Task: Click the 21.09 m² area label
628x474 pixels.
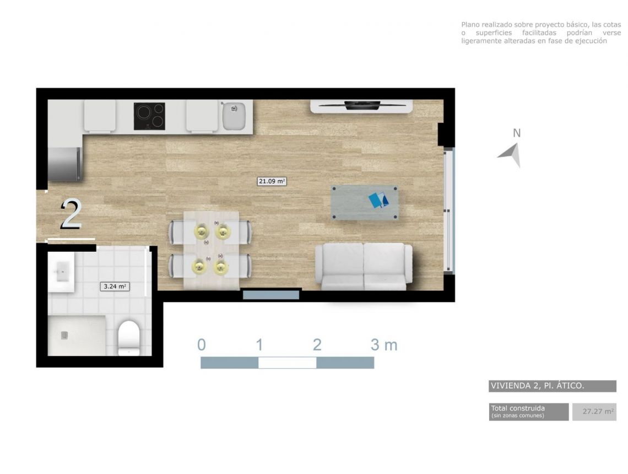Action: pos(272,181)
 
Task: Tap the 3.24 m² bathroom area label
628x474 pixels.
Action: pos(115,286)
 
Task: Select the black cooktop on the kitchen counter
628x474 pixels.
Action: pos(149,116)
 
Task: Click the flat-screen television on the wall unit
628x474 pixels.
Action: pos(362,105)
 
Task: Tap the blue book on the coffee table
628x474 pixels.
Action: pos(378,200)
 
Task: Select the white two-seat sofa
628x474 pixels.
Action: pos(364,266)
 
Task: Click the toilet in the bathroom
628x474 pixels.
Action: pos(128,337)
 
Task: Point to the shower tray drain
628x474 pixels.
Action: pos(64,335)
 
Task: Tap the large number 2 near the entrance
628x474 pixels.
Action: pos(72,215)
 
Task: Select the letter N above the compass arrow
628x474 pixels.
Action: pos(517,133)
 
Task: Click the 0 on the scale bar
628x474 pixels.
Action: pos(202,344)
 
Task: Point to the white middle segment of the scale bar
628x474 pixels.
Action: pos(287,363)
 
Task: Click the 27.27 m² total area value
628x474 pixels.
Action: pos(598,412)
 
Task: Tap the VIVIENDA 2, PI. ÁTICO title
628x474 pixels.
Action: pos(537,386)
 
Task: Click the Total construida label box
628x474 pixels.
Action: pos(529,412)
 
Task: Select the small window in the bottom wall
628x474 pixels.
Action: pos(271,295)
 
